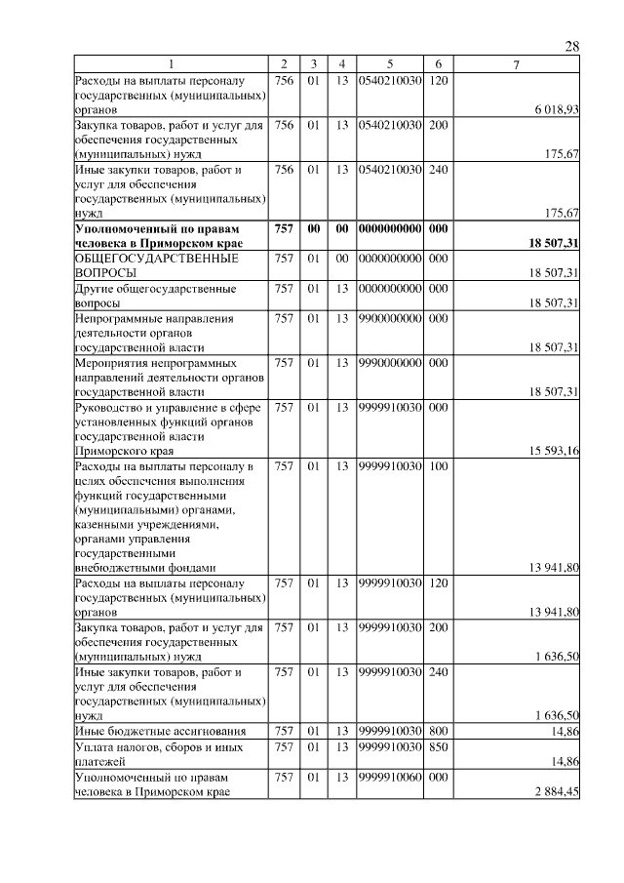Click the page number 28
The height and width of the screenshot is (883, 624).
pos(572,47)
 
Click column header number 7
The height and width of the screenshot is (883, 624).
pos(517,63)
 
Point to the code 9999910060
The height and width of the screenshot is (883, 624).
pos(389,778)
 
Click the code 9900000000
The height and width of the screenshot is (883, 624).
pos(389,318)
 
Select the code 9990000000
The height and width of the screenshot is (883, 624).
pos(389,363)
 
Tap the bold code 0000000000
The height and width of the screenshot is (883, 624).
pos(389,227)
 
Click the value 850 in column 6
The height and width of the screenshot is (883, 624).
pos(438,746)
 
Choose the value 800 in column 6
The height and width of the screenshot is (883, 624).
pos(438,731)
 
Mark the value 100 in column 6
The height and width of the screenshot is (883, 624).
pos(438,466)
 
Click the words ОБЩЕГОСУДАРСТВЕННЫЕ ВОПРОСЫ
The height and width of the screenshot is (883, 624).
pos(143,265)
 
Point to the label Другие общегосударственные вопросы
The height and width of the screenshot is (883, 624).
pos(155,296)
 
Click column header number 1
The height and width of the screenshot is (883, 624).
pos(172,63)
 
